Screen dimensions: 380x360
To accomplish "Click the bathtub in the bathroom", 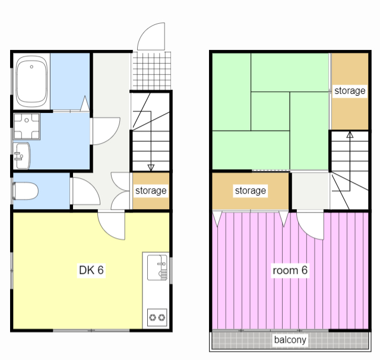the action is pos(31,81).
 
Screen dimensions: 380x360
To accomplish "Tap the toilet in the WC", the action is pos(26,191).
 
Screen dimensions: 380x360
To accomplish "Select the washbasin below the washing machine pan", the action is pos(22,156).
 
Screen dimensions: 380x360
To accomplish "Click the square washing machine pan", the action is pos(27,127).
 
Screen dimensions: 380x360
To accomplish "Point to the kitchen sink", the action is pos(157,267).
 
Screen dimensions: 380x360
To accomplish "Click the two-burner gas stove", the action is pos(157,317).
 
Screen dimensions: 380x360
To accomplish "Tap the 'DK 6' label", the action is pos(91,270).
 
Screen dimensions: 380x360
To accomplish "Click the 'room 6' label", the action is pos(290,270).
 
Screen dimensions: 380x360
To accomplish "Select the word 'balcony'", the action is pos(290,340).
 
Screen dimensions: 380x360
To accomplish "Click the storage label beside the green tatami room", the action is pos(350,91).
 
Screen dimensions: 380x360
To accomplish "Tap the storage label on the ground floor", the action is pos(151,191).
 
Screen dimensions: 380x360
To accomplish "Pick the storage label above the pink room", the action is pos(251,191).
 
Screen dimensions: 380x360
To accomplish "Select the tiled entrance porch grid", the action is pos(152,71).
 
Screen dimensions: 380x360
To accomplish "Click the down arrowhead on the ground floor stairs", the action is pos(151,168).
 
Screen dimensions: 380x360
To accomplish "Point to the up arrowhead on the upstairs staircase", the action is pos(350,134).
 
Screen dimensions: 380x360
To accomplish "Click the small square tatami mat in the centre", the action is pos(270,111).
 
